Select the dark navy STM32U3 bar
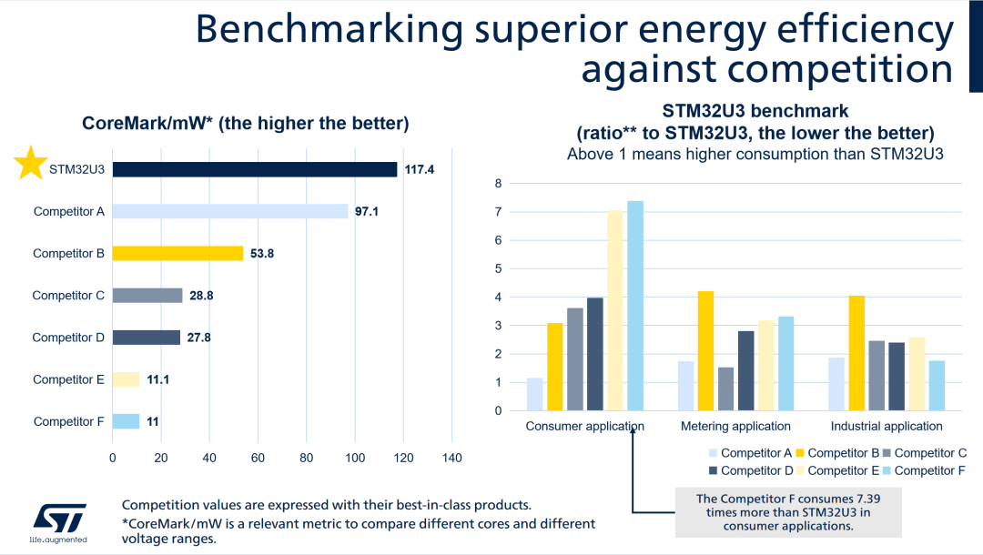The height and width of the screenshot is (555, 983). coord(255,169)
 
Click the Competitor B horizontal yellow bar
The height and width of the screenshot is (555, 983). coord(177,253)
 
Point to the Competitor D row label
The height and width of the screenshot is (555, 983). coord(68,338)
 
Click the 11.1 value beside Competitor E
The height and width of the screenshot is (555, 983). coord(158,379)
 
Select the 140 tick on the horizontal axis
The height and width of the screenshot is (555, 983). coord(451,458)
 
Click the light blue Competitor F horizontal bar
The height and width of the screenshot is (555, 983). coord(126,421)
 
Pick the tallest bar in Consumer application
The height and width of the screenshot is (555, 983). coord(635,306)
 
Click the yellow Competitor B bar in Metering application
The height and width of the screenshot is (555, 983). coord(706,350)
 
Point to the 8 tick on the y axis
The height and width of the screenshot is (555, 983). coord(498,184)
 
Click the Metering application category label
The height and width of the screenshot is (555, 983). coord(735,426)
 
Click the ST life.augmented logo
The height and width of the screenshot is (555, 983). coord(59,522)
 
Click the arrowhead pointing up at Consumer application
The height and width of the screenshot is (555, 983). coord(632,439)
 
